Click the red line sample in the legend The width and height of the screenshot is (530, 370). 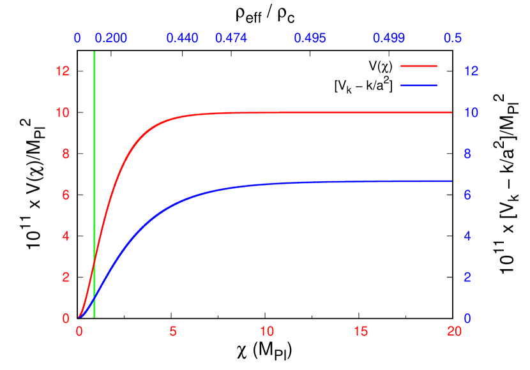(x=419, y=66)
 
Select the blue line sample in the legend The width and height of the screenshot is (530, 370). (x=419, y=85)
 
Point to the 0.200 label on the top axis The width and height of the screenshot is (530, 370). (x=111, y=38)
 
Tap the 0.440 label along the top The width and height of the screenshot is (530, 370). (x=182, y=38)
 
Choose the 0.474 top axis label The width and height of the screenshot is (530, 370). (x=231, y=38)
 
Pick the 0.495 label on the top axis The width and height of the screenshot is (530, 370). (x=310, y=38)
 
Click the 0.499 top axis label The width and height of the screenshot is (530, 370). (x=389, y=38)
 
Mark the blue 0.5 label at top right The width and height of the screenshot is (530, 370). (x=453, y=38)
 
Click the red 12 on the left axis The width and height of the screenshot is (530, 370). (x=62, y=71)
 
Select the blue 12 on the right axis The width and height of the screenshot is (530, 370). (x=471, y=71)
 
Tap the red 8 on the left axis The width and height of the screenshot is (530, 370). (x=65, y=154)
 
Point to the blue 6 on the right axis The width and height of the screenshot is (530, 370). (x=467, y=195)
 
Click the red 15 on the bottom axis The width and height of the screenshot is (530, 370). (x=361, y=332)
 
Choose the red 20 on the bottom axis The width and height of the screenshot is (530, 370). (x=454, y=332)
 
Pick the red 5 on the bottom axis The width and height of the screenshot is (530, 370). (x=173, y=332)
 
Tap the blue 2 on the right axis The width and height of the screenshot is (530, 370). (x=467, y=277)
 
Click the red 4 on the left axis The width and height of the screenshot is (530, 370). (x=65, y=236)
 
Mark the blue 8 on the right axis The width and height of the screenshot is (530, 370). (x=467, y=154)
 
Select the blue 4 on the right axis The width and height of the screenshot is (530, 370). (x=467, y=236)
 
